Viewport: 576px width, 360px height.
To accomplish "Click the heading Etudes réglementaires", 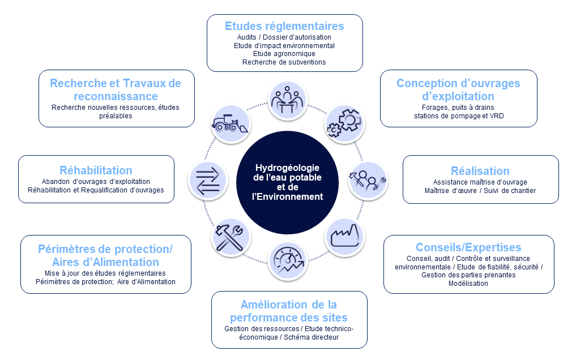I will [x=284, y=26].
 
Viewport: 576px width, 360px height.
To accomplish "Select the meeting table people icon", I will [x=287, y=100].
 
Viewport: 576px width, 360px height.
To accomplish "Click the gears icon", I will [x=343, y=123].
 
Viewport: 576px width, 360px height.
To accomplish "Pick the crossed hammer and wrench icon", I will [x=230, y=237].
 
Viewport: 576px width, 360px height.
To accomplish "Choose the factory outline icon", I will [x=344, y=235].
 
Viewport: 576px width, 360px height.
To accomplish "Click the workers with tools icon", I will [x=367, y=179].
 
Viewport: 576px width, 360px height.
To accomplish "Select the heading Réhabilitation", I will [x=96, y=170].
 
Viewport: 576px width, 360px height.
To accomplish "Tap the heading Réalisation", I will [x=480, y=171].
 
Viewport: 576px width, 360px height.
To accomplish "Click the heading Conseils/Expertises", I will [x=468, y=247].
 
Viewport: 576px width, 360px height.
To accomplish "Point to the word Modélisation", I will [x=468, y=284].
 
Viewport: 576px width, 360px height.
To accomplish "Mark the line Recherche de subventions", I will [x=284, y=62].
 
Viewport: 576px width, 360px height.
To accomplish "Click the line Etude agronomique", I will [x=284, y=54].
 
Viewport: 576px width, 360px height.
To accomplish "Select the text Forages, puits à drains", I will [x=458, y=108].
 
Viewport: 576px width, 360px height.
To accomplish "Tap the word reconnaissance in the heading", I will [x=116, y=96].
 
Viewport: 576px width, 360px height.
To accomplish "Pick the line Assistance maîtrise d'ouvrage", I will [x=480, y=182].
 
